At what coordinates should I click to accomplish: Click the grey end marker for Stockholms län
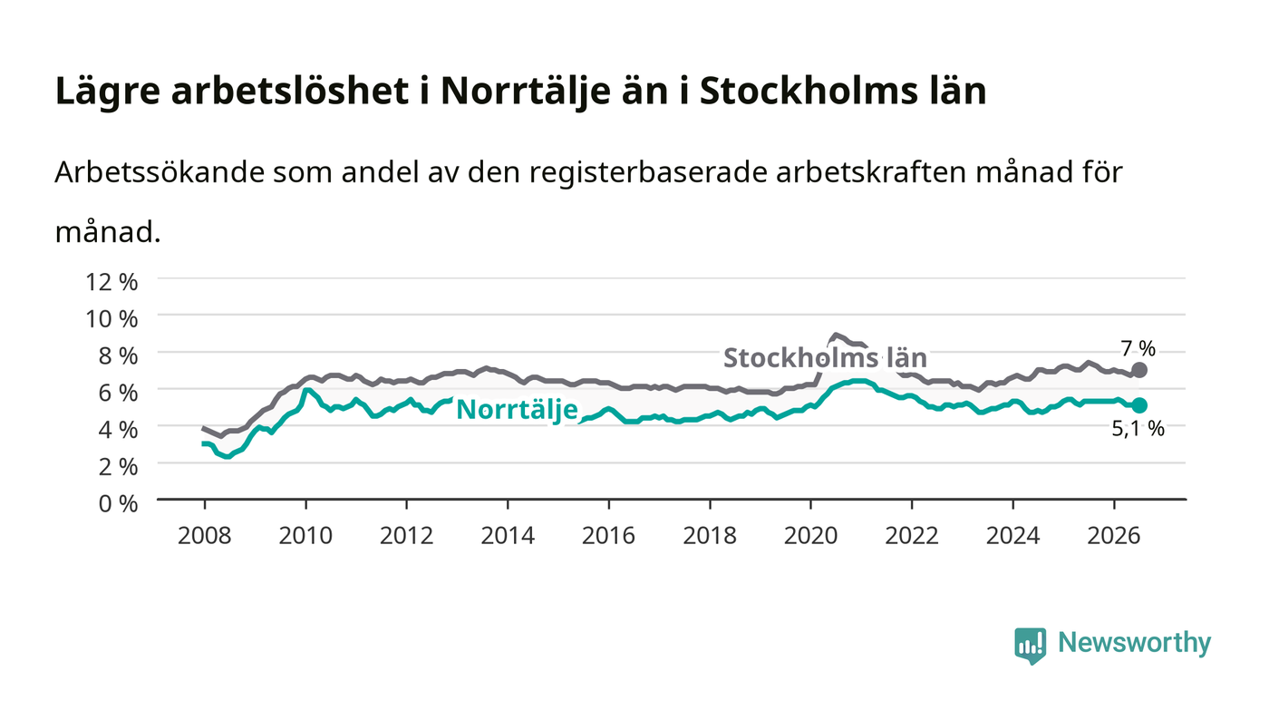pos(1139,370)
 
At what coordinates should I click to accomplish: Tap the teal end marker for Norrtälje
pos(1139,405)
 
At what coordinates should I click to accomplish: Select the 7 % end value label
pos(1138,348)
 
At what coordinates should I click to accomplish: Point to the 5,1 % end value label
pos(1138,429)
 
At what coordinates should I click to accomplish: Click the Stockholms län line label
pos(825,357)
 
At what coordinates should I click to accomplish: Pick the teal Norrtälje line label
pos(517,410)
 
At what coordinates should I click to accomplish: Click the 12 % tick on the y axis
pos(111,282)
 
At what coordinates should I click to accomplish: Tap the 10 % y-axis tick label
pos(111,318)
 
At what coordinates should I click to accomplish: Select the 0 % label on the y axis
pos(118,503)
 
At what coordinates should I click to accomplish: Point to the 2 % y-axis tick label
pos(118,467)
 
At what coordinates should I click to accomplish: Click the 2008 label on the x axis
pos(205,535)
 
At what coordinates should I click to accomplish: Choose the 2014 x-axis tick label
pos(508,535)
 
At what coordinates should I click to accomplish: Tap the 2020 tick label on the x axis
pos(810,535)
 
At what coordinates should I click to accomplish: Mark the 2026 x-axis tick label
pos(1114,535)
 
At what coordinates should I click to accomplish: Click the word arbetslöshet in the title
pos(289,91)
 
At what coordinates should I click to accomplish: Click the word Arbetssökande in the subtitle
pos(160,171)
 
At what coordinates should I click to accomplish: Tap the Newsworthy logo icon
pos(1030,646)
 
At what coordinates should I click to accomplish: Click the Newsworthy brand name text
pos(1135,643)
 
